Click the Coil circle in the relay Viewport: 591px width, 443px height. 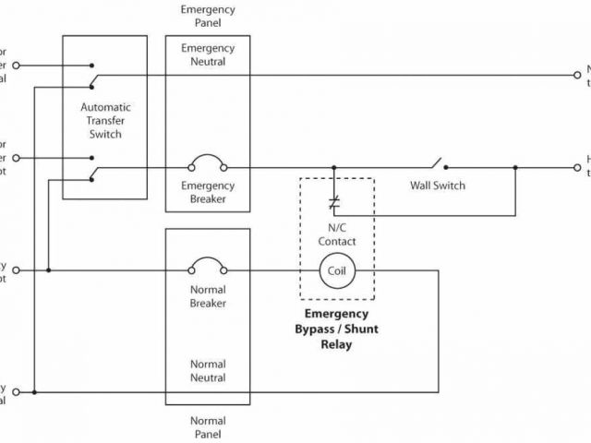(x=336, y=270)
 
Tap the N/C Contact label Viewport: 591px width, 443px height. (x=336, y=234)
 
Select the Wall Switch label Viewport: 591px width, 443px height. (x=438, y=186)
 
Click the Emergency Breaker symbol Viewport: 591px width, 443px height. (x=208, y=167)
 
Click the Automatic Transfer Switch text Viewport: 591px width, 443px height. (x=106, y=121)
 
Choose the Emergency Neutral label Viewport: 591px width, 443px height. (x=208, y=54)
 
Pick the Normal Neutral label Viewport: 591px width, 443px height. (x=208, y=371)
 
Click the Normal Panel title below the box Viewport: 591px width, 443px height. (x=208, y=426)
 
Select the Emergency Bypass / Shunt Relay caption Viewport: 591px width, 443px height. (x=336, y=329)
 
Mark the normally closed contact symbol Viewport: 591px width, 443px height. (x=334, y=199)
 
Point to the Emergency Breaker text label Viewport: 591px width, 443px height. (x=208, y=192)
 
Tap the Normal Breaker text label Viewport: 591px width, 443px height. (x=208, y=295)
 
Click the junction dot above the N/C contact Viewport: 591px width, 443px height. (x=334, y=167)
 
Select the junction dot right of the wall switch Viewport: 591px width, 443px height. (x=515, y=167)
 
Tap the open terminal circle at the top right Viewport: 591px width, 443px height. (x=578, y=76)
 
